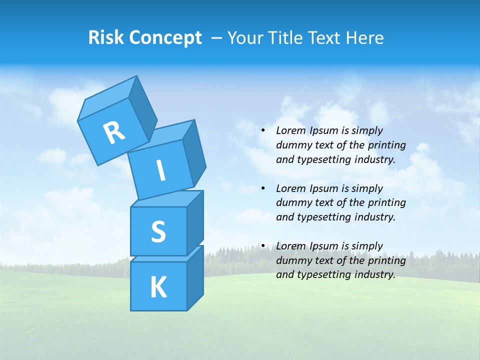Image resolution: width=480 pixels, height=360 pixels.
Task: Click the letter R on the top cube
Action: pos(114,133)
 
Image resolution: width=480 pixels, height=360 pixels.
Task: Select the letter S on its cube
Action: pos(158,231)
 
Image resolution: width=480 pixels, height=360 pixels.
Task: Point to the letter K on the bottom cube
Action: pos(158,287)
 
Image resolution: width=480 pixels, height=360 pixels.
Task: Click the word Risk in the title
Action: pos(106,37)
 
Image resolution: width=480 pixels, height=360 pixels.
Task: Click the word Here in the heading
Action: pos(363,37)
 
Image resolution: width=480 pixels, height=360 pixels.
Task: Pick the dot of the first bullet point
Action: pos(263,131)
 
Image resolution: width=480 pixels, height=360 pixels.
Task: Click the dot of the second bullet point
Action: pos(263,189)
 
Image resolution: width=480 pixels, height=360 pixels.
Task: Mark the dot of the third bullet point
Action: pos(263,246)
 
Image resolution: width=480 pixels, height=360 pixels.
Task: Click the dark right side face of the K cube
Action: pos(195,280)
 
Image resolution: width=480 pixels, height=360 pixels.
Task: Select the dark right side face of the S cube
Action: pos(195,224)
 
